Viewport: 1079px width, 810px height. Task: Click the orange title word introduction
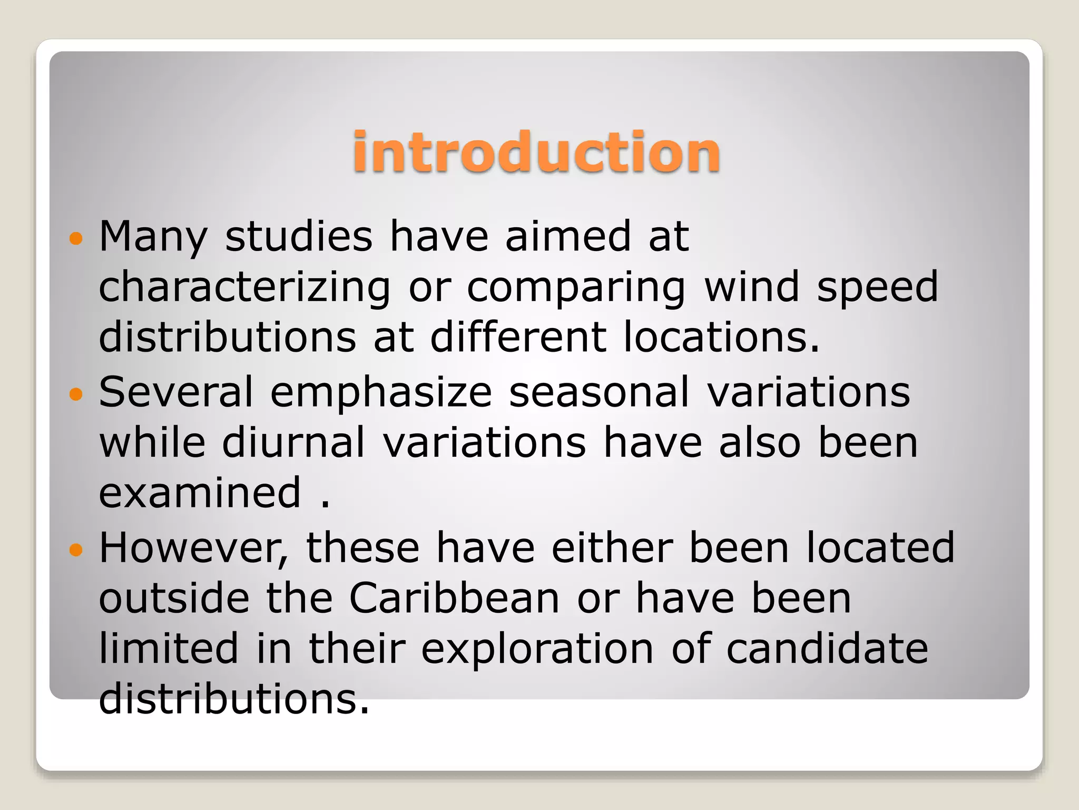coord(536,152)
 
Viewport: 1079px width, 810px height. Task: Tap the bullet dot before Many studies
coord(76,239)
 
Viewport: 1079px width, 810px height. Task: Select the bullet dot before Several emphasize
coord(76,394)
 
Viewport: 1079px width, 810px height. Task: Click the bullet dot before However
coord(76,551)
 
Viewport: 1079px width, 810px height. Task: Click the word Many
coord(153,237)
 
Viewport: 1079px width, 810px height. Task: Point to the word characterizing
coord(244,288)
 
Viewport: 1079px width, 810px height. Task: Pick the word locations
coord(721,337)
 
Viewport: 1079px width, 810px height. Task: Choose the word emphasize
coord(381,393)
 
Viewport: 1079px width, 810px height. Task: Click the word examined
coord(200,493)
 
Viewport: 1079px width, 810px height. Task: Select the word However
coord(193,548)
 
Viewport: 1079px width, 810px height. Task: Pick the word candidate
coord(827,649)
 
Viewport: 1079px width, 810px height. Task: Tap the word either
coord(612,548)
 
